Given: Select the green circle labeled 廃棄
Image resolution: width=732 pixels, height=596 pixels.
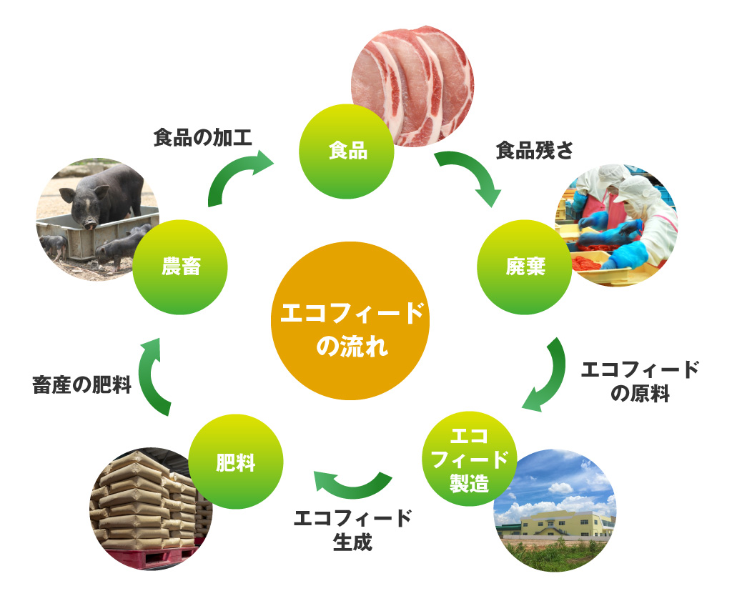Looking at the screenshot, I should click(524, 267).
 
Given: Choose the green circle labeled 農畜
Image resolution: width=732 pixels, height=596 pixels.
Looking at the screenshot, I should click(181, 268).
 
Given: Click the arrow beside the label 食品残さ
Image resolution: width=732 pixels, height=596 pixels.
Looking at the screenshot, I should click(469, 175).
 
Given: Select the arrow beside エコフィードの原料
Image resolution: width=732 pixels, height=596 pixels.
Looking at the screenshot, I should click(547, 376).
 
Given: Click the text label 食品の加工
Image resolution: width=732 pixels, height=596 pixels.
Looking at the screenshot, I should click(203, 138).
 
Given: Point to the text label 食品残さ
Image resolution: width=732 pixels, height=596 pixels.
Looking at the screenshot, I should click(535, 150).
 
